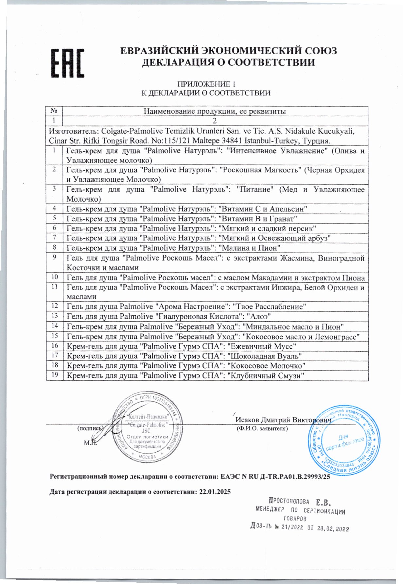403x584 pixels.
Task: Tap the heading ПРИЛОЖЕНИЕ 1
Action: tap(206, 84)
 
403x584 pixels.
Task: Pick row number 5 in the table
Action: tap(55, 218)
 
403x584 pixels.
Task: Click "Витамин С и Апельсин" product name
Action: tap(263, 209)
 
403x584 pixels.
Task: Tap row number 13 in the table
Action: tap(55, 316)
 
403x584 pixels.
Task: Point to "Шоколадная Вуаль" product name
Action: tap(264, 356)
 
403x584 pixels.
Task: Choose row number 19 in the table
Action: tap(55, 375)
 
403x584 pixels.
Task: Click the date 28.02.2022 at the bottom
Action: tap(333, 529)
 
